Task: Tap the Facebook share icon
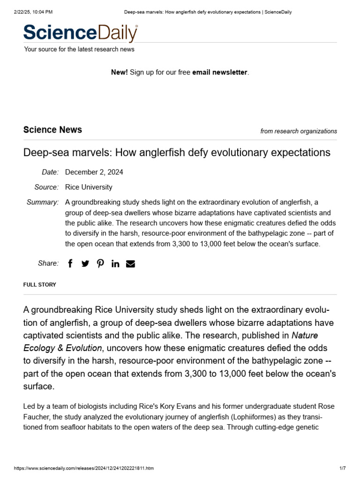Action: coord(70,263)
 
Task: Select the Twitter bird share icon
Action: coord(85,263)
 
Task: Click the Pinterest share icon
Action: coord(100,263)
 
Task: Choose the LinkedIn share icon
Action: coord(115,263)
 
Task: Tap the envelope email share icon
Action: coord(131,263)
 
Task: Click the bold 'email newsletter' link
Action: coord(219,72)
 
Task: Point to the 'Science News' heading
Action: coord(52,130)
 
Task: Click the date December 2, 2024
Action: coord(94,172)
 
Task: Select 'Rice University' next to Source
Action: coord(89,187)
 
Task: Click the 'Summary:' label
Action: coord(43,202)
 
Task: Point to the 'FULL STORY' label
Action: coord(39,285)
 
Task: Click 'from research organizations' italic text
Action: coord(299,131)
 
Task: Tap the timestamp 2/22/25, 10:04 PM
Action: coord(33,12)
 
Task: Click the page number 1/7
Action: coord(342,468)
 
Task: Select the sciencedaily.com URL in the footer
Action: coord(84,468)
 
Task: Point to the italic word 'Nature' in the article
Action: coord(305,335)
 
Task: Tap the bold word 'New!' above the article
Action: coord(119,72)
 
